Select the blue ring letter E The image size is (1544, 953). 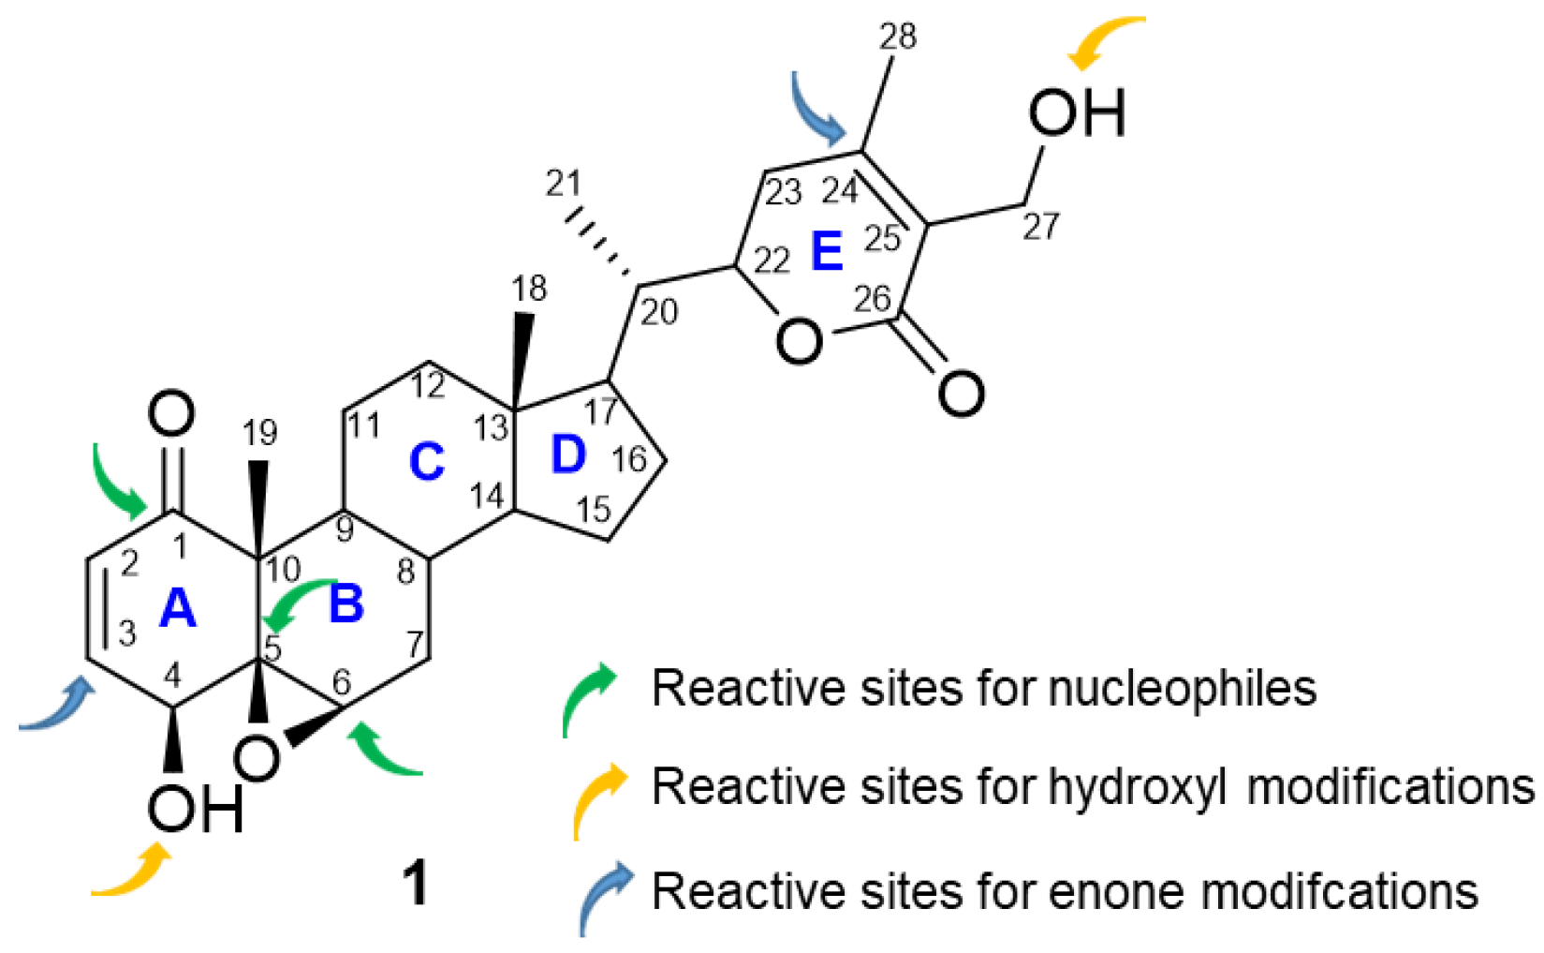[827, 251]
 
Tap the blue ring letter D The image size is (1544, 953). [567, 455]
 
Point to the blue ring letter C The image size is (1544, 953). [426, 462]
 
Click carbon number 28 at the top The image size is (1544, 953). [898, 37]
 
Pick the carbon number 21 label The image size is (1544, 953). [563, 183]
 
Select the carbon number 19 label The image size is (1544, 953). [260, 432]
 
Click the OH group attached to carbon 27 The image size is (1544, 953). [1076, 112]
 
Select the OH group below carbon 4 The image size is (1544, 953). [195, 809]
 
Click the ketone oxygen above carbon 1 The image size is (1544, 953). [172, 414]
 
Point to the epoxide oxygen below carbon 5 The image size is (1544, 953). [257, 757]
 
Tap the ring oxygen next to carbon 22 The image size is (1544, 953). [799, 341]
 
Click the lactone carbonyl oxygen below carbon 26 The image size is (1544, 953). [961, 392]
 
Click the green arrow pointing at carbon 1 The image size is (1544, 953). [117, 483]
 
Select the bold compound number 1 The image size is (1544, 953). [415, 883]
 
